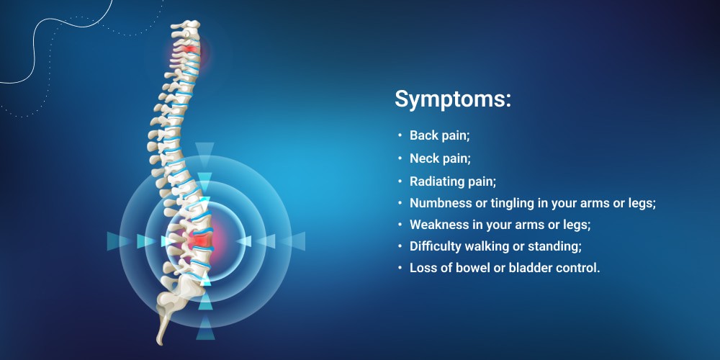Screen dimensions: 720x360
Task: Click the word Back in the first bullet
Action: pos(421,135)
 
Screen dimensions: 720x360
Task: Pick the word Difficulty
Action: pos(434,246)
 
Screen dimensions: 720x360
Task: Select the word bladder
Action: pos(527,268)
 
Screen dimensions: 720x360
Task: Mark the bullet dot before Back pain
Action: pos(400,135)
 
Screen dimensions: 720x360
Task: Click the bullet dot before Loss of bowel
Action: pos(400,268)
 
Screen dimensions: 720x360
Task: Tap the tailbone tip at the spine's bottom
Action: pos(160,342)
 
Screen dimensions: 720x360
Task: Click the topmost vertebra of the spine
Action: pos(186,25)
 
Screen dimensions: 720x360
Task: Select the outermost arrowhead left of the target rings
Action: pos(114,241)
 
